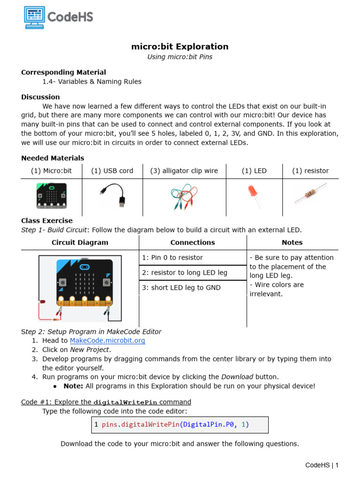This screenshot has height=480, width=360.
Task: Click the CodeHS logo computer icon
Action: coord(35,18)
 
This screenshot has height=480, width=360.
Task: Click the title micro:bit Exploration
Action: coord(180,46)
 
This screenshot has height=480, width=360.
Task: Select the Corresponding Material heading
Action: coord(64,72)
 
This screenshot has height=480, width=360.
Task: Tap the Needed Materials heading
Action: coord(52,158)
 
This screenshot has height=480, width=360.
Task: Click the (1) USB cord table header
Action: coord(112,171)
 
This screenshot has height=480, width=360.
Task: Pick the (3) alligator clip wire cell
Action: coord(184,171)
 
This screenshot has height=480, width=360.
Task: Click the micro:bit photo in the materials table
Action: coord(52,195)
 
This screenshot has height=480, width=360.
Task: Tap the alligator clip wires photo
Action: coord(185,195)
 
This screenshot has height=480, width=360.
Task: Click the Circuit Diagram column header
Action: coord(80,242)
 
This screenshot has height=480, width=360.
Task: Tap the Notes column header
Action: coord(292,242)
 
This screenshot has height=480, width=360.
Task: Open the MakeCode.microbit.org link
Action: coord(107,341)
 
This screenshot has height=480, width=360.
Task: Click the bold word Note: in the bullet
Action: coord(74,386)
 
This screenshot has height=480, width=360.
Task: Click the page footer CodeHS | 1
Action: coord(322,465)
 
